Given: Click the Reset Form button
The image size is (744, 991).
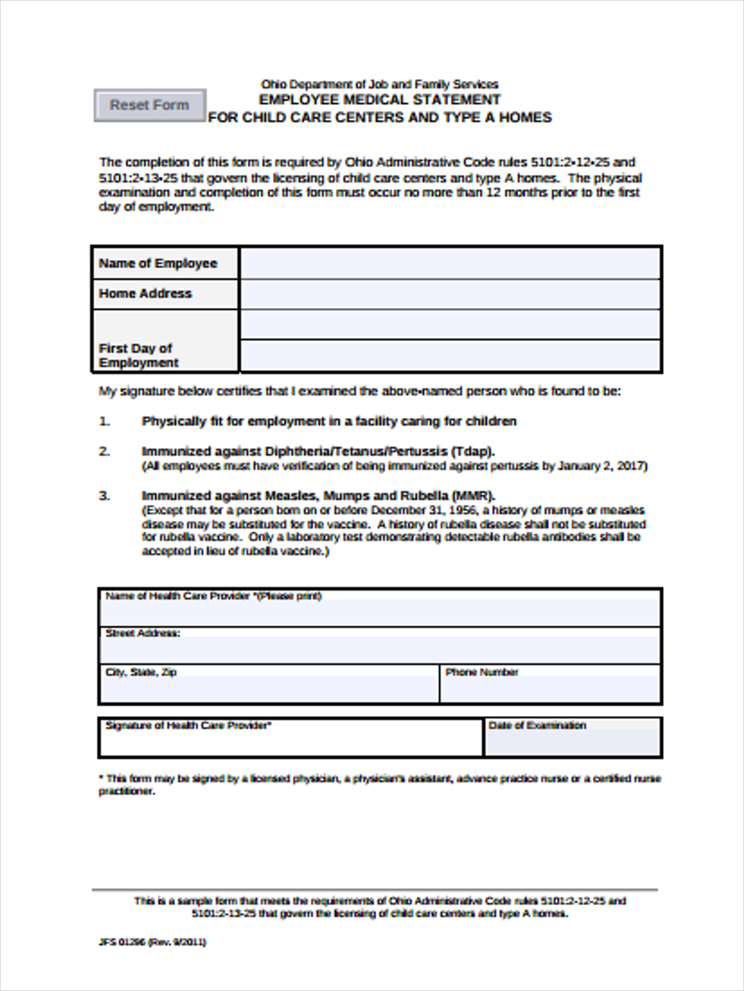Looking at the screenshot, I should coord(150,106).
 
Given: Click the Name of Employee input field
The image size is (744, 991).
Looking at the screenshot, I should coord(450,263).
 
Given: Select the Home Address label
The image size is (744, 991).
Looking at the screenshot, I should coord(145,293).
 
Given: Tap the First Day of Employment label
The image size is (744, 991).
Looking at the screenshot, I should coord(138,355).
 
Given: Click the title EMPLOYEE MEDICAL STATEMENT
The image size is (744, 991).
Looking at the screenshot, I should coord(379,100).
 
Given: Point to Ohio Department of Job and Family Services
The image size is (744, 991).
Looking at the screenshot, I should coord(379,84).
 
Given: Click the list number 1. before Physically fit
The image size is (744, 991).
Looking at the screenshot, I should coord(104,421).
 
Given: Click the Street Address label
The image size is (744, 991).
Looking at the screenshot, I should coord(142,633).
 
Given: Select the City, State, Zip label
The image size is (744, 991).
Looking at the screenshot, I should coord(141,672).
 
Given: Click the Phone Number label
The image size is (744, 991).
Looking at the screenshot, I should coord(482,672).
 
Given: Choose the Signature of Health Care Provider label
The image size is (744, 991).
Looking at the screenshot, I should coord(188,725).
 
